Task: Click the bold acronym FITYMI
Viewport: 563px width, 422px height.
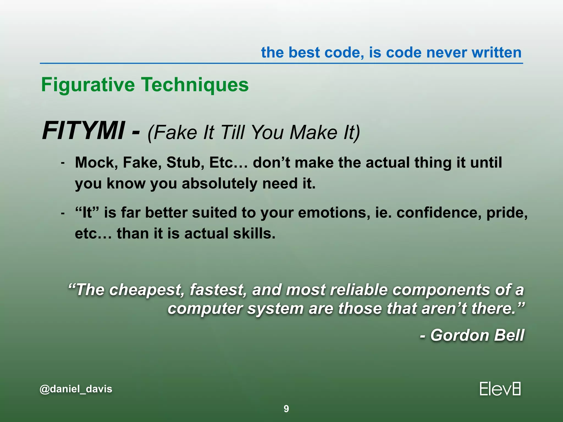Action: click(x=83, y=131)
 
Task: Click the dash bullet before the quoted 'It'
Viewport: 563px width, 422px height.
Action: click(x=63, y=213)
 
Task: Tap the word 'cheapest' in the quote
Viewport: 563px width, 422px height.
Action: click(x=146, y=290)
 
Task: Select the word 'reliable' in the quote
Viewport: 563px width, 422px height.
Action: click(x=359, y=290)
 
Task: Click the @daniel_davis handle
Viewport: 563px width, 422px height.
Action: click(x=76, y=389)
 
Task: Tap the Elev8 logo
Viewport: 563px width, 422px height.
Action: click(x=500, y=389)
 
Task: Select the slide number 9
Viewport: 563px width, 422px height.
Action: click(x=286, y=409)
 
